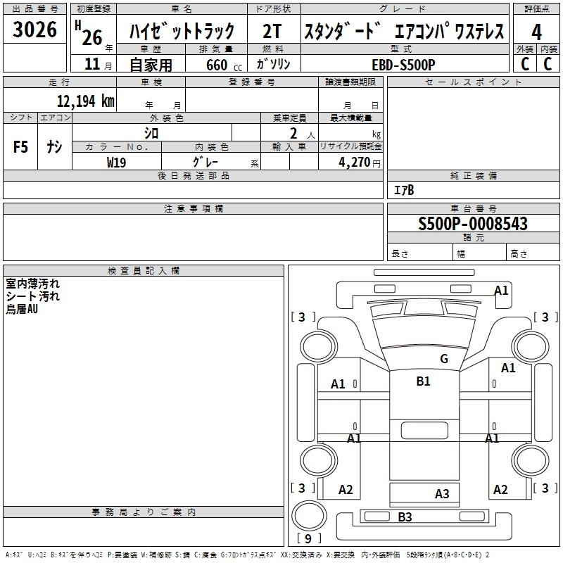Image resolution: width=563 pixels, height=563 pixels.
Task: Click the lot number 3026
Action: point(34,31)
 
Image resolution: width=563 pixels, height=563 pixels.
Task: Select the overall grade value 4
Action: point(536,32)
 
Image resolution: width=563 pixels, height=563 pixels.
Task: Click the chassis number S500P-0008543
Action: point(473,224)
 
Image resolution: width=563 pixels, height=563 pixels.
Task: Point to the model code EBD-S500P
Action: point(404,64)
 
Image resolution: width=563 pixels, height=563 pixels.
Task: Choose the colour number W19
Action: point(117,162)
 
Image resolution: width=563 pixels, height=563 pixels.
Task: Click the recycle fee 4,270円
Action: point(355,162)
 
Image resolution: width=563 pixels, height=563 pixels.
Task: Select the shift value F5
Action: point(21,147)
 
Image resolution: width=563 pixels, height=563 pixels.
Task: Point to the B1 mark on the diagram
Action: point(423,381)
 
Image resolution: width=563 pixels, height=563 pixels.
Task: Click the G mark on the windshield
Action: point(443,359)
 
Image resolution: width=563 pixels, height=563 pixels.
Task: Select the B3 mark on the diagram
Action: point(405,517)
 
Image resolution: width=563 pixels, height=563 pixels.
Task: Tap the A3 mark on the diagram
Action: point(442,494)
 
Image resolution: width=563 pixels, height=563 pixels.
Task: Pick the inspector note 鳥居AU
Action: point(22,309)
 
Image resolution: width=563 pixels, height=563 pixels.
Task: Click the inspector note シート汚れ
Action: point(33,296)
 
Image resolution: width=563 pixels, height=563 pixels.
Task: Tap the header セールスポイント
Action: point(474,82)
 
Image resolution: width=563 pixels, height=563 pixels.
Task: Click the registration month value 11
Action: point(91,64)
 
